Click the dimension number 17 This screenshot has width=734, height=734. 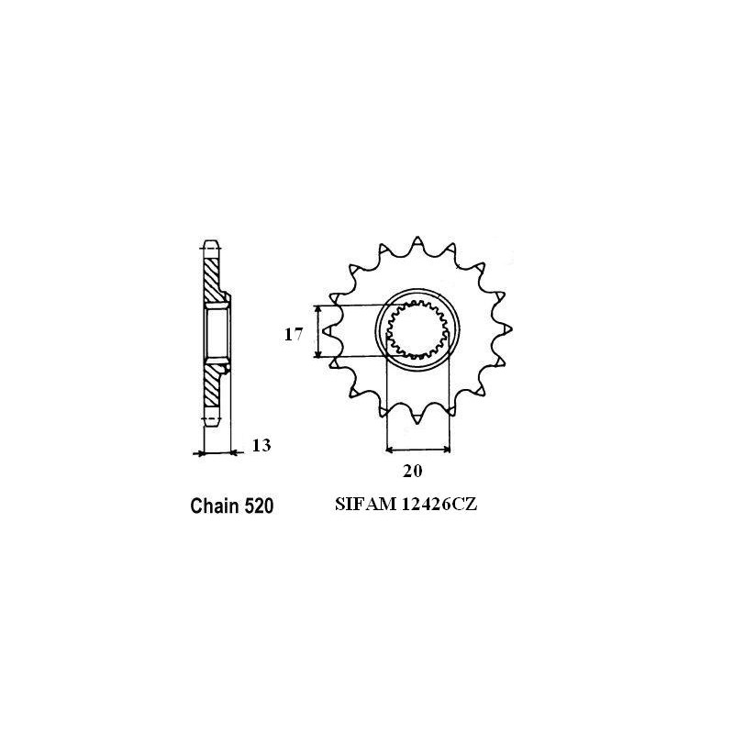coord(293,335)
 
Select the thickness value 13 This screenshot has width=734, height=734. coord(261,447)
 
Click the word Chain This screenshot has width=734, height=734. coord(214,506)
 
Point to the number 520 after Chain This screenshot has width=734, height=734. coord(257,506)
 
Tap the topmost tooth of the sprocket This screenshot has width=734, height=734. coord(417,241)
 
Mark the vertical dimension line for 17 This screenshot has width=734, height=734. coord(317,332)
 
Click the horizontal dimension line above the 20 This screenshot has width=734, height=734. coord(418,450)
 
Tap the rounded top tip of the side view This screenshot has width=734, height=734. coord(210,245)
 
